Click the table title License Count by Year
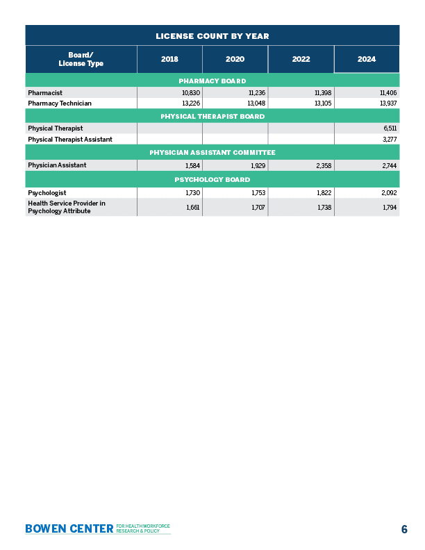pos(212,35)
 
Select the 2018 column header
pos(169,59)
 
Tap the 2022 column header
pos(301,59)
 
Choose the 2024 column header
pos(367,59)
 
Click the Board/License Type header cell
pos(81,59)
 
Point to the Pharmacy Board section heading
pos(212,81)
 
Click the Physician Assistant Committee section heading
pos(212,152)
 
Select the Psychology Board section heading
pos(212,180)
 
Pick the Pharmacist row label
pos(45,92)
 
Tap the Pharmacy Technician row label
pos(60,103)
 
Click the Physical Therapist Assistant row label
pos(70,139)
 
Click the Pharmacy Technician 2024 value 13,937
pos(387,103)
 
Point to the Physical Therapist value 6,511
pos(390,128)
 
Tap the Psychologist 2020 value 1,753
pos(256,192)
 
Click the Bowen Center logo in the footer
pos(97,528)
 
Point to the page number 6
pos(403,529)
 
